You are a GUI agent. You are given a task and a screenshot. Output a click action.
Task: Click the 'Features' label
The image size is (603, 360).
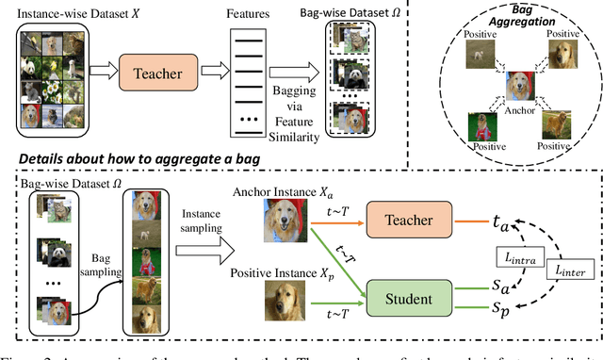pyautogui.click(x=240, y=11)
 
